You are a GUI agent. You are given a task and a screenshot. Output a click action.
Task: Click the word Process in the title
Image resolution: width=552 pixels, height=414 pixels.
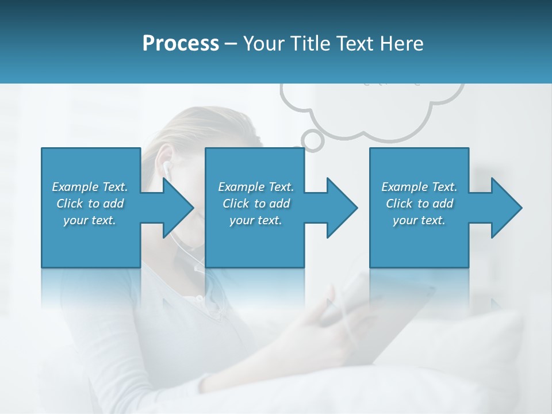181,43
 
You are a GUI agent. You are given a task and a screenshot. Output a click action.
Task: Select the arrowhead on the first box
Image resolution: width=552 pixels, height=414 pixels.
175,208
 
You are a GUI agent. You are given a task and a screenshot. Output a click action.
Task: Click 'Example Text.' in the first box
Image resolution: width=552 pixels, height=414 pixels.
90,187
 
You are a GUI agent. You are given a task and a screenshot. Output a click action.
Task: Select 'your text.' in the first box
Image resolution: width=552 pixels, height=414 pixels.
90,220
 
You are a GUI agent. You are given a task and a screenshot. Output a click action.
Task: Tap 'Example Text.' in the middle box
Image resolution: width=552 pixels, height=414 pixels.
256,187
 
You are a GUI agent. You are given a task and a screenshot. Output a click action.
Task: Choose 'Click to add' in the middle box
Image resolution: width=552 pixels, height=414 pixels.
256,204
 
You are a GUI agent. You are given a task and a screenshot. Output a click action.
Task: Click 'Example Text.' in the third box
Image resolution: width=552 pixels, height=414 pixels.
419,187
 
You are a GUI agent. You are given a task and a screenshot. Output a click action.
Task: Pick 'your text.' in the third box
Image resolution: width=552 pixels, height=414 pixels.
419,220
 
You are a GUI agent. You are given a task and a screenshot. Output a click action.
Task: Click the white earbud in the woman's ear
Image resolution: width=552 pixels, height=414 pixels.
166,168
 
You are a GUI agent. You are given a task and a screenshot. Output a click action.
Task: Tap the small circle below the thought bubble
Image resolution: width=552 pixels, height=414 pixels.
312,139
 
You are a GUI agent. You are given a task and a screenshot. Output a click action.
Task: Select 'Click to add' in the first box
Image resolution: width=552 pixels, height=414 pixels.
90,204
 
